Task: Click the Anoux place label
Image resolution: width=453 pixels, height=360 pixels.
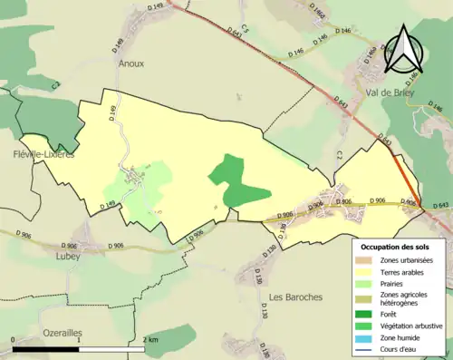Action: click(x=130, y=63)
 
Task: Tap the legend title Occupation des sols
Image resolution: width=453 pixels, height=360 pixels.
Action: click(x=394, y=246)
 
